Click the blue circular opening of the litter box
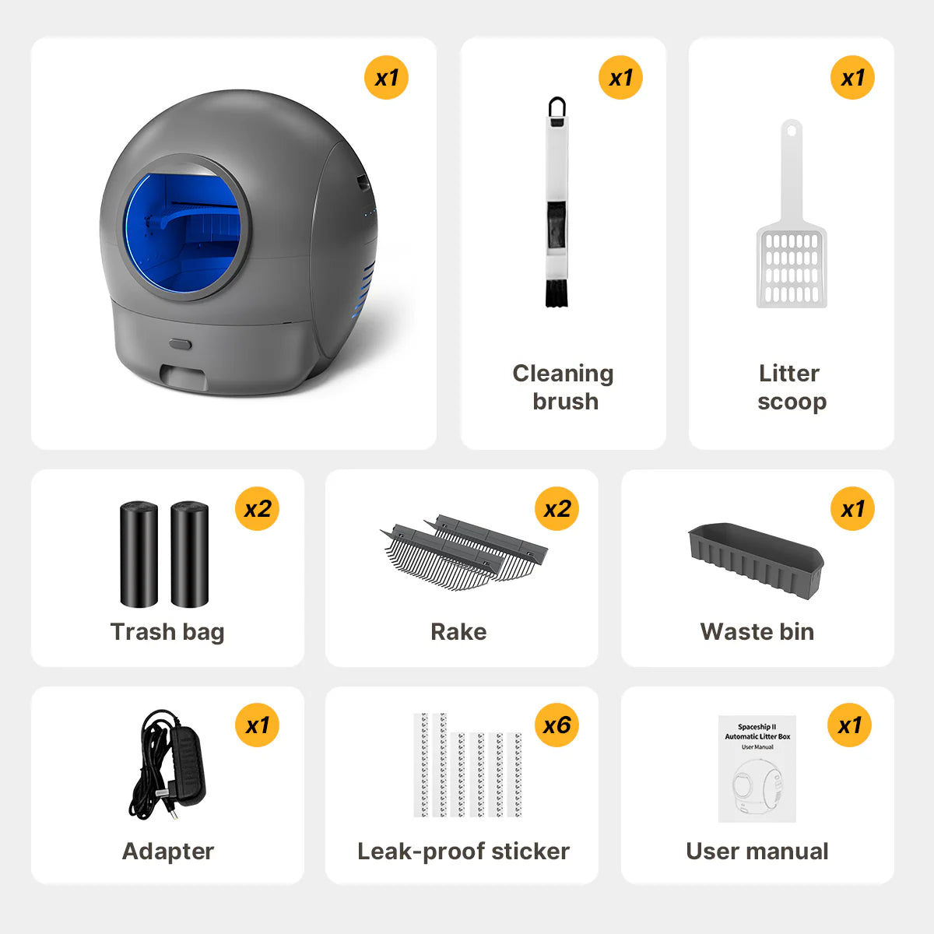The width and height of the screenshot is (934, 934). coord(183,233)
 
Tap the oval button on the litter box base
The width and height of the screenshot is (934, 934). coord(181,345)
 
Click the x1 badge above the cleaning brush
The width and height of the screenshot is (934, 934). coord(620,78)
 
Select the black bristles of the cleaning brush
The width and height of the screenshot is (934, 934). coord(557,293)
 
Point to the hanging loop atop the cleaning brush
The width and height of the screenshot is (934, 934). coord(557,107)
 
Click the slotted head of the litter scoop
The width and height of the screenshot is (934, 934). coord(792,267)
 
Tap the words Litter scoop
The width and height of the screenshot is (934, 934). coord(792,388)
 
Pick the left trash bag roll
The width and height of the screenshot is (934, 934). coord(139,554)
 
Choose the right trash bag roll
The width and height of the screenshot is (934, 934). coord(189,554)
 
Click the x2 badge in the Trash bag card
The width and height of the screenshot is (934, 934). coord(257,508)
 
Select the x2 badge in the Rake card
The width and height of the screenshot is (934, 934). coord(557,508)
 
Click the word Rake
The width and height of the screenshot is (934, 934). coord(458,631)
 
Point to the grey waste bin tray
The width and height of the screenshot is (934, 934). coord(756,560)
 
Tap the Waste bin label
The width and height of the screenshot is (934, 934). coord(757,631)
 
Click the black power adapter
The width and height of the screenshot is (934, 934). coord(167,765)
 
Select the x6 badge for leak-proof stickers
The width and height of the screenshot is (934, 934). coord(557,725)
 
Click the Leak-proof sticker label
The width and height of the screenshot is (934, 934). coord(463,851)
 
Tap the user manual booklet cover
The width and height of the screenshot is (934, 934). coord(757,769)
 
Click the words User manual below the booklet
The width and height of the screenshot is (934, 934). coord(757,851)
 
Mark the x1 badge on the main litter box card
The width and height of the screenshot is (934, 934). coord(386,78)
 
